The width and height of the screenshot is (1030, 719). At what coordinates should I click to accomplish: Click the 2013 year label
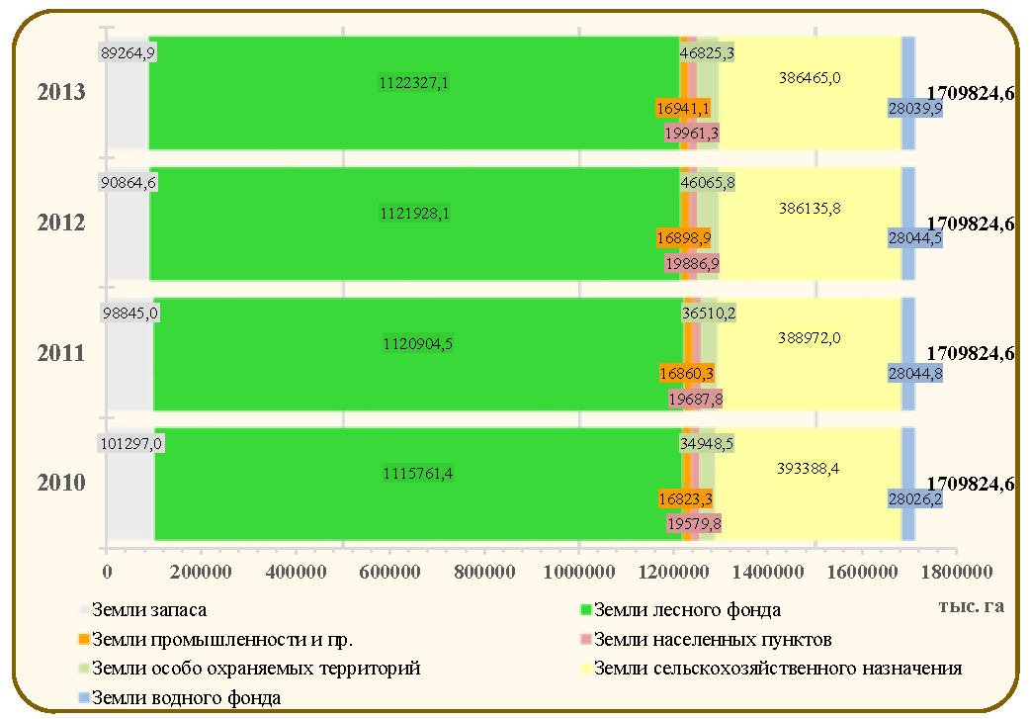click(61, 92)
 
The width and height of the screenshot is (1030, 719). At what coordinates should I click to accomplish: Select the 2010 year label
click(61, 483)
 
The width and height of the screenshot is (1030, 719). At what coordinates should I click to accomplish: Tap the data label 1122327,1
click(414, 83)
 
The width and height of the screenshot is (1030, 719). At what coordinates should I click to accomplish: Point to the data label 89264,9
click(129, 52)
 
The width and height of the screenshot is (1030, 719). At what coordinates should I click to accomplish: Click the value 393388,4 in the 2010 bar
click(808, 469)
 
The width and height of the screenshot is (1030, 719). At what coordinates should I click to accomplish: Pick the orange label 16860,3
click(686, 374)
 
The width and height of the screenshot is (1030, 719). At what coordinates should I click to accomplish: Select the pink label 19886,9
click(692, 264)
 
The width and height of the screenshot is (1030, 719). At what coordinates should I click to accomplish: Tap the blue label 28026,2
click(915, 499)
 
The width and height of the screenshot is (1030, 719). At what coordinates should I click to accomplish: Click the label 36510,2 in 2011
click(708, 313)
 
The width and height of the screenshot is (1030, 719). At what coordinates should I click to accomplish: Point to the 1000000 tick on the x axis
click(579, 572)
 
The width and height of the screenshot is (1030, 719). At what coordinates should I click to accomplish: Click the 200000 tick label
click(201, 572)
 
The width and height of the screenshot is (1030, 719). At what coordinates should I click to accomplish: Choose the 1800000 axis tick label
click(957, 572)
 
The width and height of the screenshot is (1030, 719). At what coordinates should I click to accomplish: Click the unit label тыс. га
click(972, 606)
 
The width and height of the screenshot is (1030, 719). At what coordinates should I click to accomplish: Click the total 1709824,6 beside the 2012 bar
click(971, 225)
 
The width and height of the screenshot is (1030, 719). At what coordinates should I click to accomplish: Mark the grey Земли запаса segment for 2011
click(129, 354)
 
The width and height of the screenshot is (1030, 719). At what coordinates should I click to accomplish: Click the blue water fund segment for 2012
click(907, 224)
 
